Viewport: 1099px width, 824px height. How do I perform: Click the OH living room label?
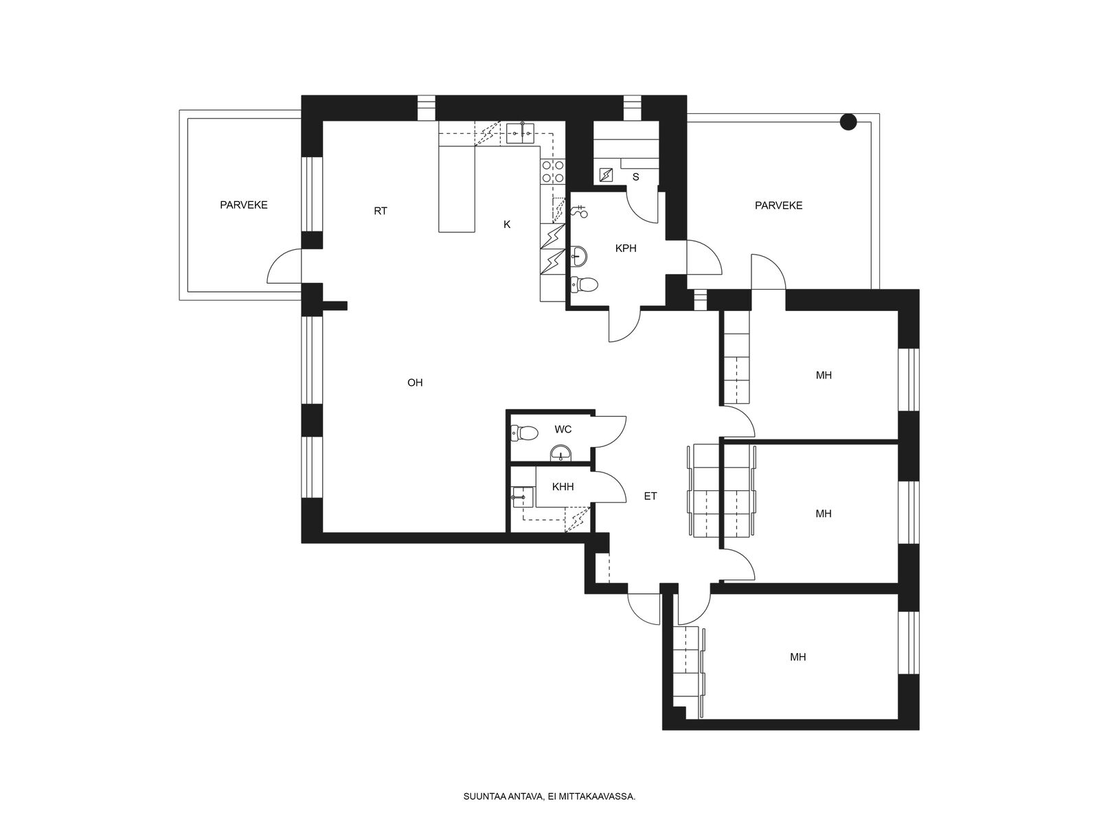[415, 382]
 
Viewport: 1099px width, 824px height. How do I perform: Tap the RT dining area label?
[381, 211]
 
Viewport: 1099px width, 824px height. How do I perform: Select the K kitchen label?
[507, 225]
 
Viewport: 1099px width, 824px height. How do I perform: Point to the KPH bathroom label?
[625, 248]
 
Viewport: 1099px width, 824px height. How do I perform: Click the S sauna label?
[636, 177]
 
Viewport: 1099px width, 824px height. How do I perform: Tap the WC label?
[563, 429]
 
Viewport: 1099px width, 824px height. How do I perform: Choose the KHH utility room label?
[563, 487]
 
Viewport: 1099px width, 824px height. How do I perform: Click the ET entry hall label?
[650, 496]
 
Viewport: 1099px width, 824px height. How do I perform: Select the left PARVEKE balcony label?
[244, 205]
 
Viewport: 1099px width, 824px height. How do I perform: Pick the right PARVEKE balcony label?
[778, 205]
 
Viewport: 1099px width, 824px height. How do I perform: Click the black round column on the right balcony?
[848, 122]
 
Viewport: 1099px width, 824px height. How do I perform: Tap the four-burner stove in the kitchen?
[553, 171]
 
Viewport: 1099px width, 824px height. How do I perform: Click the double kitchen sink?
[520, 133]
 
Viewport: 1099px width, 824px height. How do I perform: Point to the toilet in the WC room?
[523, 433]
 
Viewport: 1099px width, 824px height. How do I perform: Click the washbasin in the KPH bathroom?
[579, 257]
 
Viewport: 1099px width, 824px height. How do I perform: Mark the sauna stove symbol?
[607, 175]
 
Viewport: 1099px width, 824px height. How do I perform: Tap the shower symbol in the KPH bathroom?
[579, 211]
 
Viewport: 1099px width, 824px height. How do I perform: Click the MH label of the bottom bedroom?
[797, 657]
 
